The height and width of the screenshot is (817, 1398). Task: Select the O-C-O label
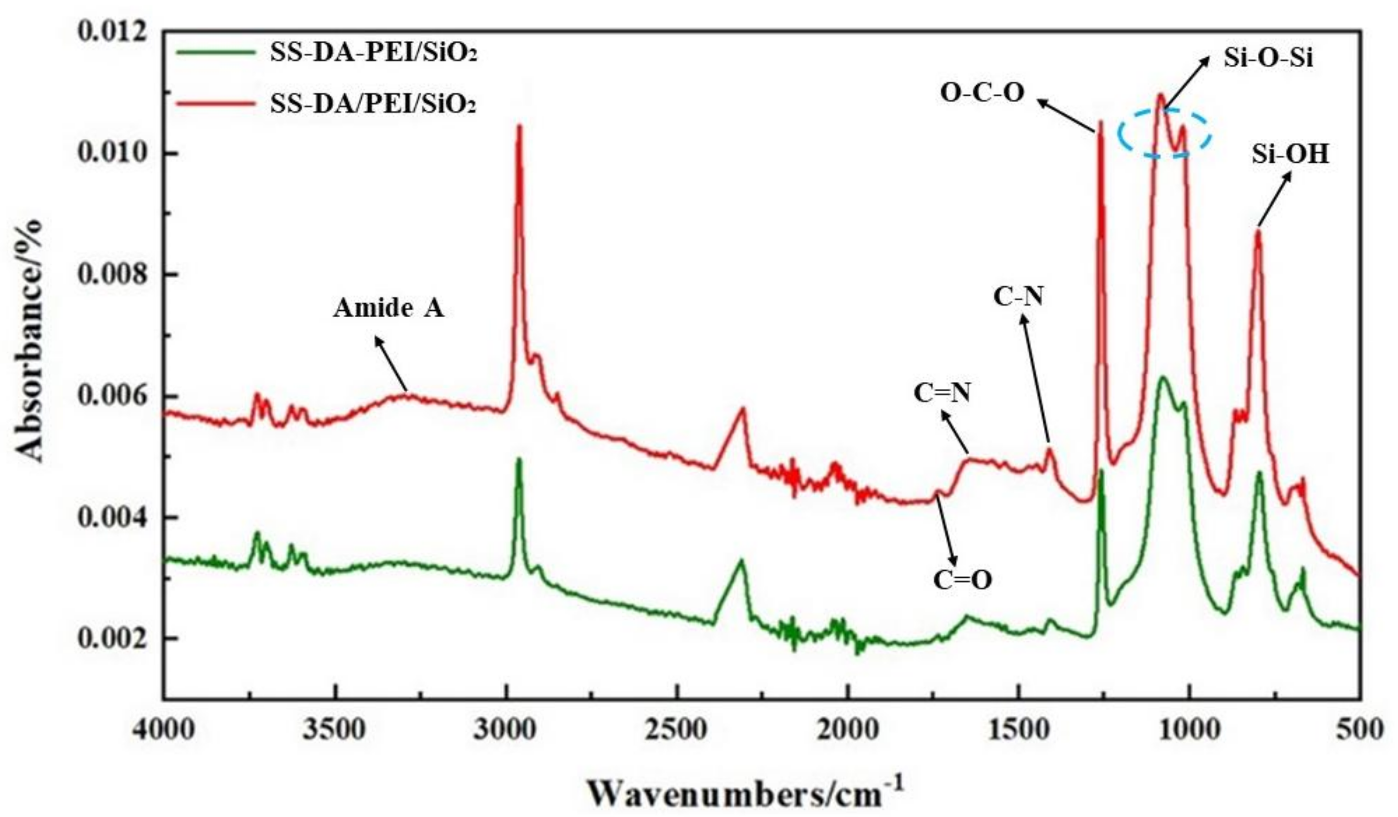[x=982, y=93]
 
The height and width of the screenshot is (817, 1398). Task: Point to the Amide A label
[x=388, y=309]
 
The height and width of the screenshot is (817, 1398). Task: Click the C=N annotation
[x=942, y=394]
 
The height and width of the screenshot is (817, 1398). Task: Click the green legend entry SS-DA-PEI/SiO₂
[x=373, y=53]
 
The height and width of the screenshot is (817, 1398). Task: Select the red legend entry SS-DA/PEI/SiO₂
[x=373, y=104]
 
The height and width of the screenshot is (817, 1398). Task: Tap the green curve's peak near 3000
[x=520, y=460]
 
